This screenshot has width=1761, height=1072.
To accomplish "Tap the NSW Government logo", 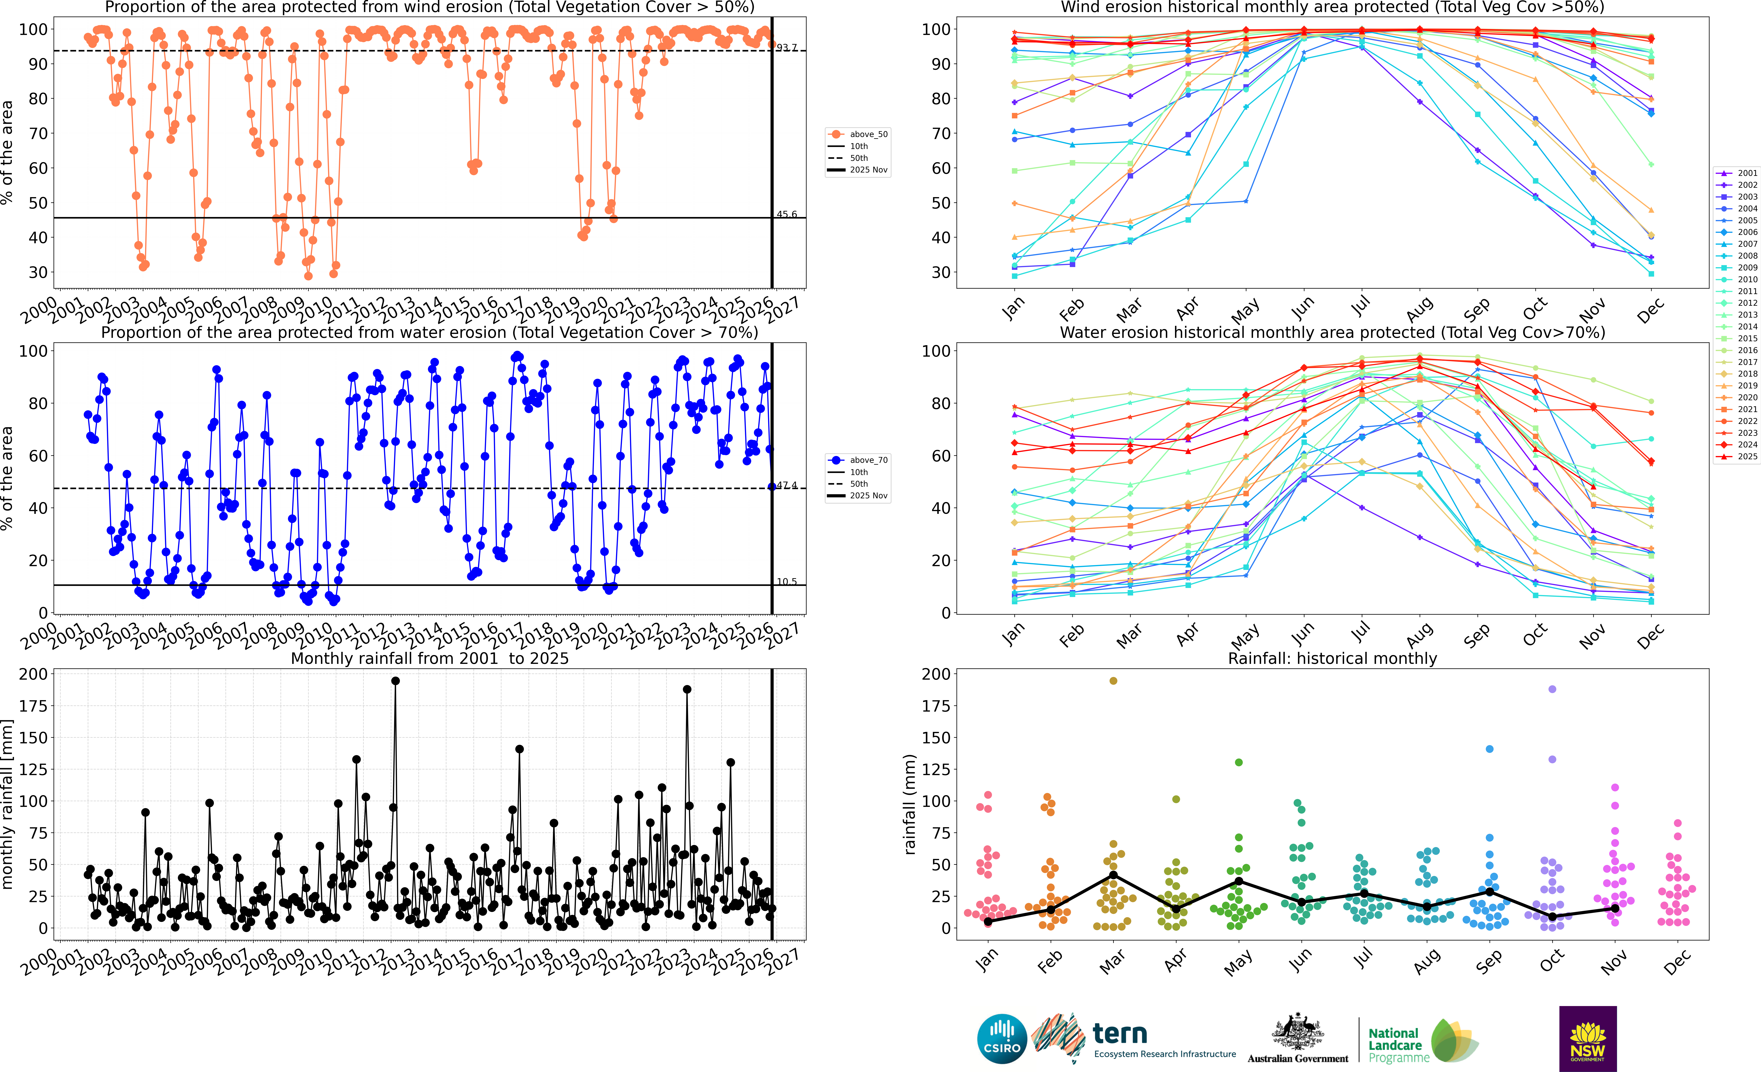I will pyautogui.click(x=1587, y=1038).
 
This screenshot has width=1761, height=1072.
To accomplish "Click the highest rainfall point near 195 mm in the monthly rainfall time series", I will pyautogui.click(x=395, y=681).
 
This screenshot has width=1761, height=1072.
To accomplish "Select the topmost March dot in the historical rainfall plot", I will pyautogui.click(x=1113, y=681).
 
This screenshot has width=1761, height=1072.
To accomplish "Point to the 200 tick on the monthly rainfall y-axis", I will pyautogui.click(x=34, y=674).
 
